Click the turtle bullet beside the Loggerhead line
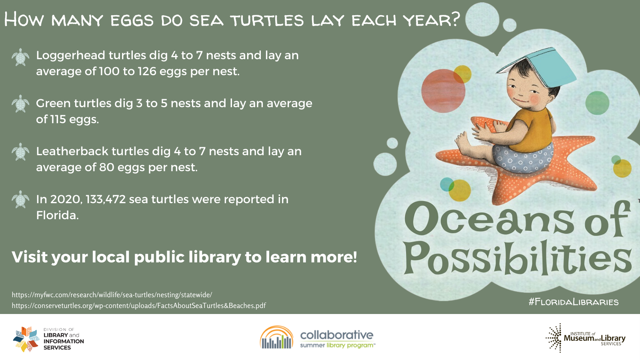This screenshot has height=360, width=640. (x=20, y=57)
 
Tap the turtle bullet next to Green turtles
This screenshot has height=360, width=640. (x=20, y=104)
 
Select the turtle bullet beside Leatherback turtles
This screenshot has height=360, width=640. (x=20, y=152)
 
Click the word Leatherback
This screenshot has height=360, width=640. (x=72, y=152)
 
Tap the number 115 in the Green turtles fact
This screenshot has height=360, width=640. (x=58, y=119)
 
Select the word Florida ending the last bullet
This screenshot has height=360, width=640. (x=57, y=215)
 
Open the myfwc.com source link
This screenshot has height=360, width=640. (x=112, y=294)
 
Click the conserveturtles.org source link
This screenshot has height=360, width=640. (x=139, y=306)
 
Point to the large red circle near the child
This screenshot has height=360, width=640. (x=443, y=91)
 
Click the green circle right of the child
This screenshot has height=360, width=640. (x=597, y=103)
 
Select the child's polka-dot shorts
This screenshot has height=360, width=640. (x=522, y=158)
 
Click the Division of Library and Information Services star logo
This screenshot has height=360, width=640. (x=26, y=339)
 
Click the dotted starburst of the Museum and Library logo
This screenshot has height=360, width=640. (x=554, y=338)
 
